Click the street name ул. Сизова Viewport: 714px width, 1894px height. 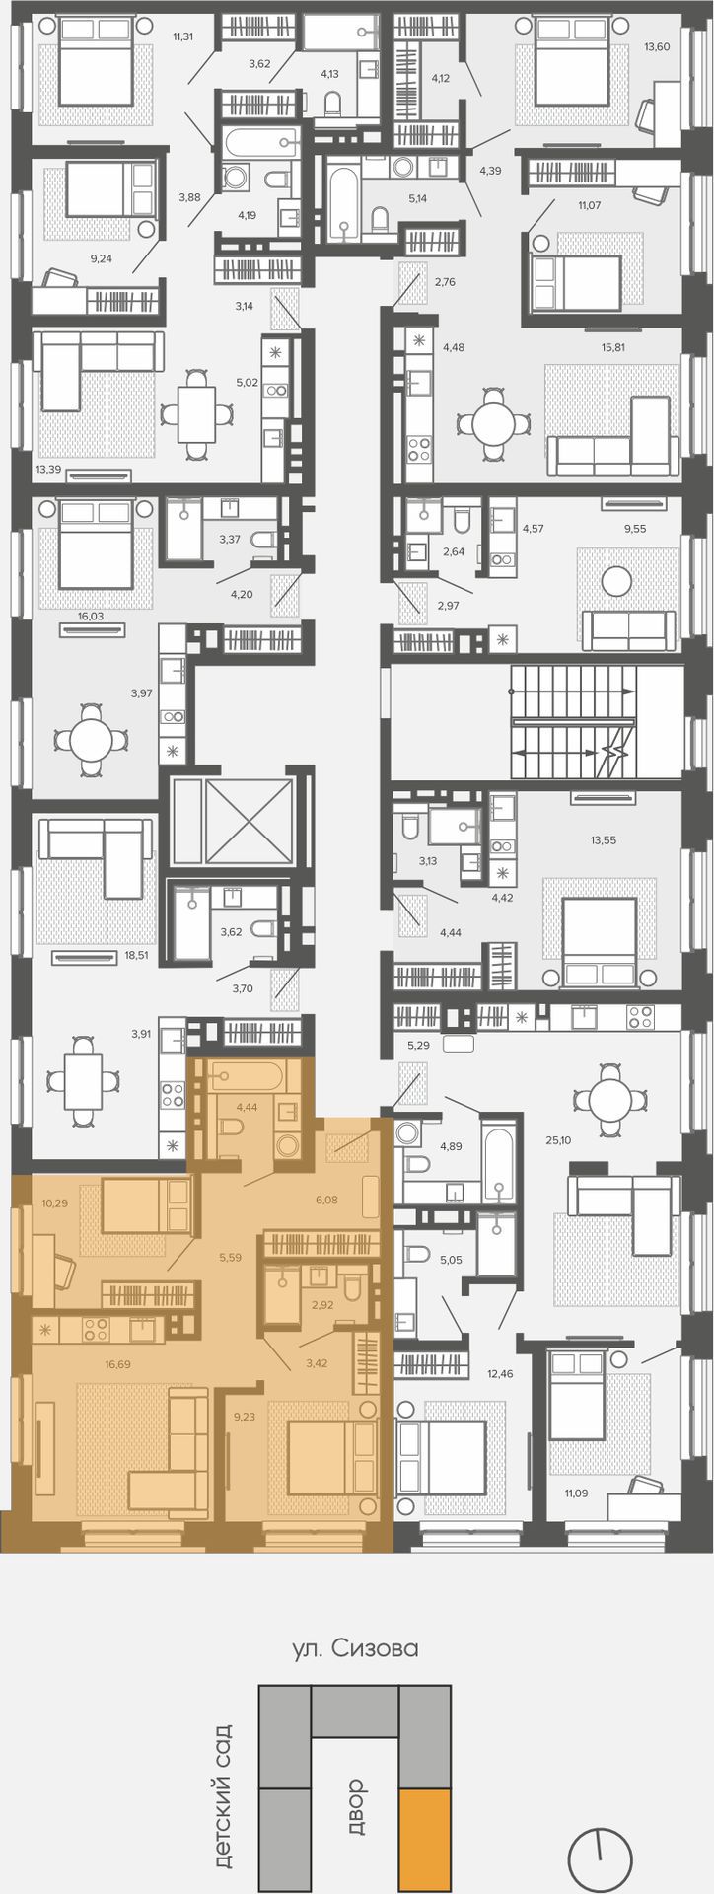coord(356,1648)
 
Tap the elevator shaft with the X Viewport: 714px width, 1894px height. coord(232,821)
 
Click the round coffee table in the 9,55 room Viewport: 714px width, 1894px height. coord(617,580)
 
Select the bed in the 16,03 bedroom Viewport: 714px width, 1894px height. coord(96,544)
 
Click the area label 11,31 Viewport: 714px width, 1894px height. coord(183,37)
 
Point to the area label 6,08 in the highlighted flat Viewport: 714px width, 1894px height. coord(325,1200)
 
